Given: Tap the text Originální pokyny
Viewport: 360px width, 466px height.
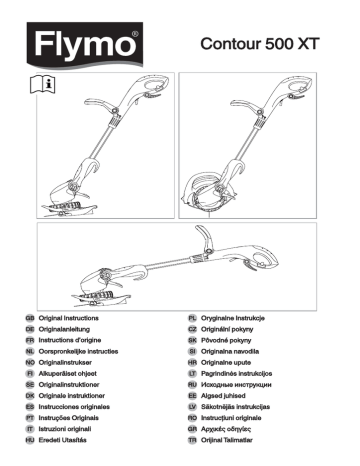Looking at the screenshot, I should pos(238,328).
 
